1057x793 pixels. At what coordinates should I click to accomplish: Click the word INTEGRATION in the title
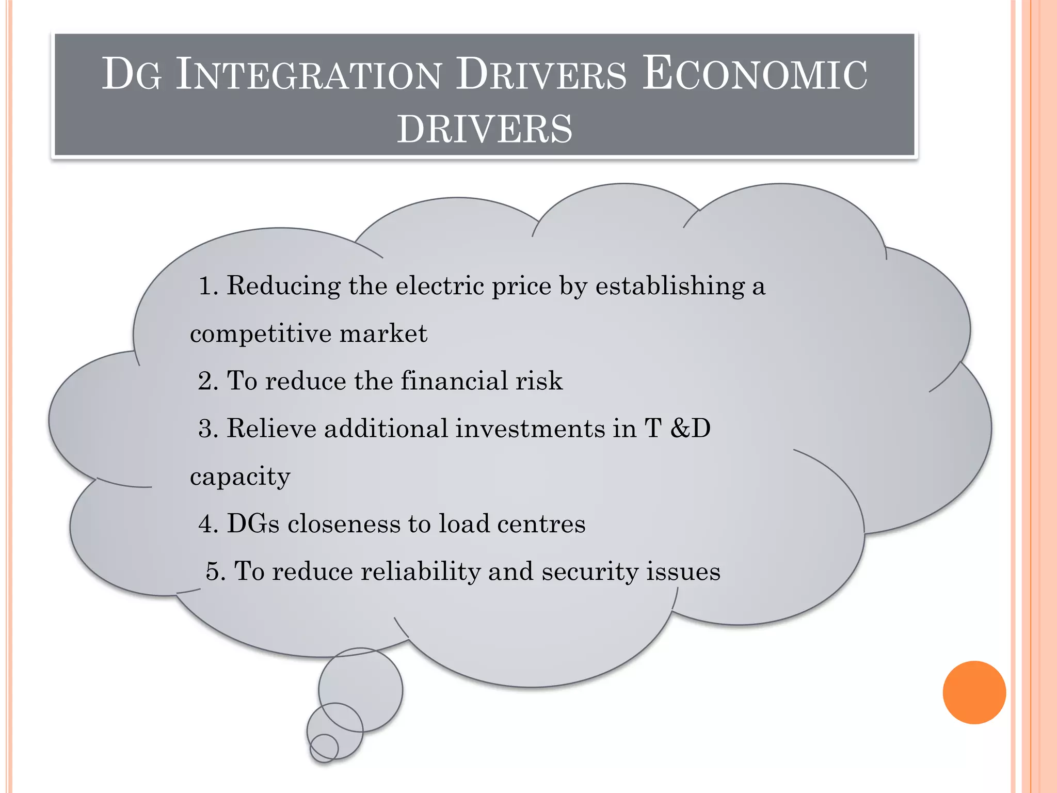tap(309, 75)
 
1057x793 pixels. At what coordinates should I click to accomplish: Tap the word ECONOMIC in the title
tap(754, 75)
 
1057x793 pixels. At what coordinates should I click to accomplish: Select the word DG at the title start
tap(132, 75)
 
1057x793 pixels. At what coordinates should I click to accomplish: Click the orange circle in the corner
tap(974, 692)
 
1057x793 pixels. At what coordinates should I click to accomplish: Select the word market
tap(383, 333)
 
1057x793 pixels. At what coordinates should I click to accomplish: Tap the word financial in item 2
tap(454, 380)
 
